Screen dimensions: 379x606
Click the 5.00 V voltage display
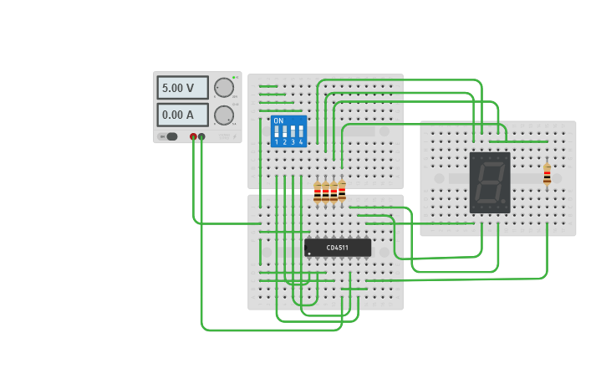(x=182, y=88)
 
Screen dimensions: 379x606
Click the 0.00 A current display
(x=182, y=115)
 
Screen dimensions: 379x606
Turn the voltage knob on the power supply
(x=223, y=87)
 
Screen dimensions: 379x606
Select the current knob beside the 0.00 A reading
(x=223, y=115)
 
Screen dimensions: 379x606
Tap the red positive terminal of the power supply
(x=193, y=136)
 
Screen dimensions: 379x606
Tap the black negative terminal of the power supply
(x=201, y=136)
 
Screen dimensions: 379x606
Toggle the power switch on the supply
(x=170, y=136)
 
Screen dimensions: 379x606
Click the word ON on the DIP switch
(x=278, y=121)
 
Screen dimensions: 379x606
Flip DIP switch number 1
(x=277, y=132)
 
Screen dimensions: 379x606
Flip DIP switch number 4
(x=301, y=132)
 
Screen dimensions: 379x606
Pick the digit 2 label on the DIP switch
(x=285, y=143)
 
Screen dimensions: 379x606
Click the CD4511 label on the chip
(x=338, y=247)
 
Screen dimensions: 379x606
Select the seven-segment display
(x=489, y=182)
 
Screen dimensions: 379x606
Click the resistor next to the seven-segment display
(x=547, y=174)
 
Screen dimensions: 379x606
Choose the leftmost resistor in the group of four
(x=317, y=192)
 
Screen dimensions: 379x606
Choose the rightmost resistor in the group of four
(x=342, y=191)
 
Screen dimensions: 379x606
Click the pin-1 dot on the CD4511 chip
(x=309, y=254)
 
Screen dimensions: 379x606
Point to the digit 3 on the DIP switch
(x=293, y=143)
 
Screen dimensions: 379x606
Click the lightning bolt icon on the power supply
(x=233, y=136)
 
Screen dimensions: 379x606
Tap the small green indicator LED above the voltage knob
(x=234, y=78)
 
